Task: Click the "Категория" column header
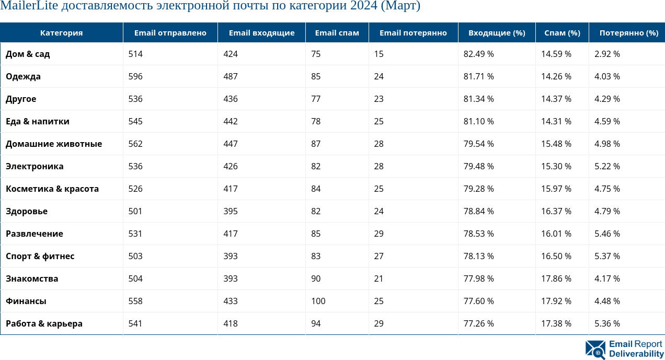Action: click(61, 33)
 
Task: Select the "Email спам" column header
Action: click(337, 33)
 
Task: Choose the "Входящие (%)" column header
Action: click(496, 33)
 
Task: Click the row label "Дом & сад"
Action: click(28, 54)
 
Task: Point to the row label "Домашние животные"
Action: click(54, 144)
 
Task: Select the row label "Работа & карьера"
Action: click(44, 323)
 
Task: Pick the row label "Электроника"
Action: click(35, 166)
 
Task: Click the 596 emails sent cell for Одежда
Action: click(135, 76)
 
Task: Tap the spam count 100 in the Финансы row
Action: click(318, 301)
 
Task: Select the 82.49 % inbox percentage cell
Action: click(478, 54)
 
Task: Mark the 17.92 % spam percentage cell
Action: click(556, 301)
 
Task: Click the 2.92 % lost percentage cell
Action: click(607, 54)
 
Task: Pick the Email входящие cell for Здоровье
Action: click(230, 211)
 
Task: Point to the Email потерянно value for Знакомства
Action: click(379, 278)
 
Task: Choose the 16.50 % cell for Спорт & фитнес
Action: click(556, 256)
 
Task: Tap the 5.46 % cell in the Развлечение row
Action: click(607, 234)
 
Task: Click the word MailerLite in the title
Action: click(29, 6)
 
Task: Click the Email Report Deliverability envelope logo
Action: click(595, 349)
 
